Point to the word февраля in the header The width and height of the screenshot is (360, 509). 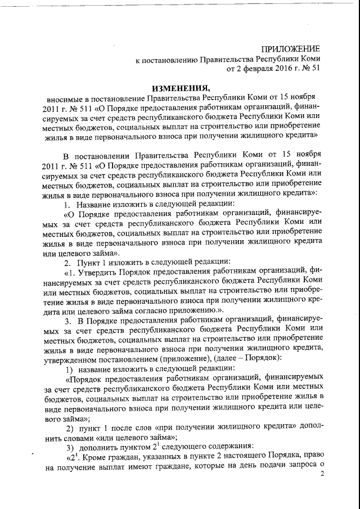pyautogui.click(x=250, y=69)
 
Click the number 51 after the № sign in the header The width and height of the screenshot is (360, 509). pyautogui.click(x=314, y=69)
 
